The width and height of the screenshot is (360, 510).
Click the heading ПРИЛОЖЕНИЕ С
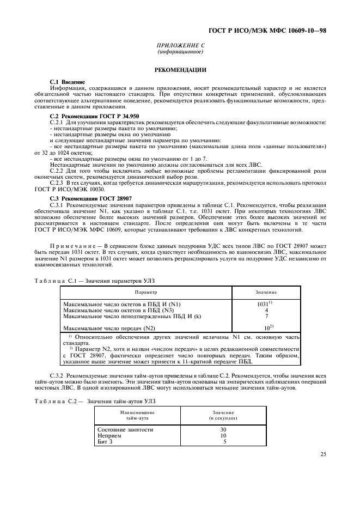point(180,46)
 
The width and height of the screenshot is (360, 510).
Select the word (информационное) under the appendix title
point(180,52)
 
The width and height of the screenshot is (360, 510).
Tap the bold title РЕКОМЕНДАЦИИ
point(180,70)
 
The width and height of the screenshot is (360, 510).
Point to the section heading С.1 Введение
point(68,82)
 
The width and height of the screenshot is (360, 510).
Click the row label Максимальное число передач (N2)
point(109,328)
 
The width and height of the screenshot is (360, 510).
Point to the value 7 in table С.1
point(266,316)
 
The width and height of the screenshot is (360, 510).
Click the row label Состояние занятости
point(125,429)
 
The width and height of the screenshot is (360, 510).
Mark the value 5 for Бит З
point(224,441)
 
